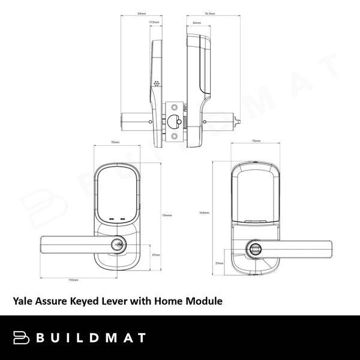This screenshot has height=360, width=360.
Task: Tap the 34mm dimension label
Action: click(x=197, y=22)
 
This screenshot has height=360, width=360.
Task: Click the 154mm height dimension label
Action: click(x=168, y=215)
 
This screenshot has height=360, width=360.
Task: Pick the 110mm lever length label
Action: click(x=74, y=280)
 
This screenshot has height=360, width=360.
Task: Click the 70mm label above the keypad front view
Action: click(x=115, y=142)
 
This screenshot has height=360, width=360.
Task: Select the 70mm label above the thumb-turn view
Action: click(x=256, y=141)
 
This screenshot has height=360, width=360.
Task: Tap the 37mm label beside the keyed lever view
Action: click(x=155, y=254)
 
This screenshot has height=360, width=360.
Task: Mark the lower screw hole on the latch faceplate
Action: click(x=175, y=136)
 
